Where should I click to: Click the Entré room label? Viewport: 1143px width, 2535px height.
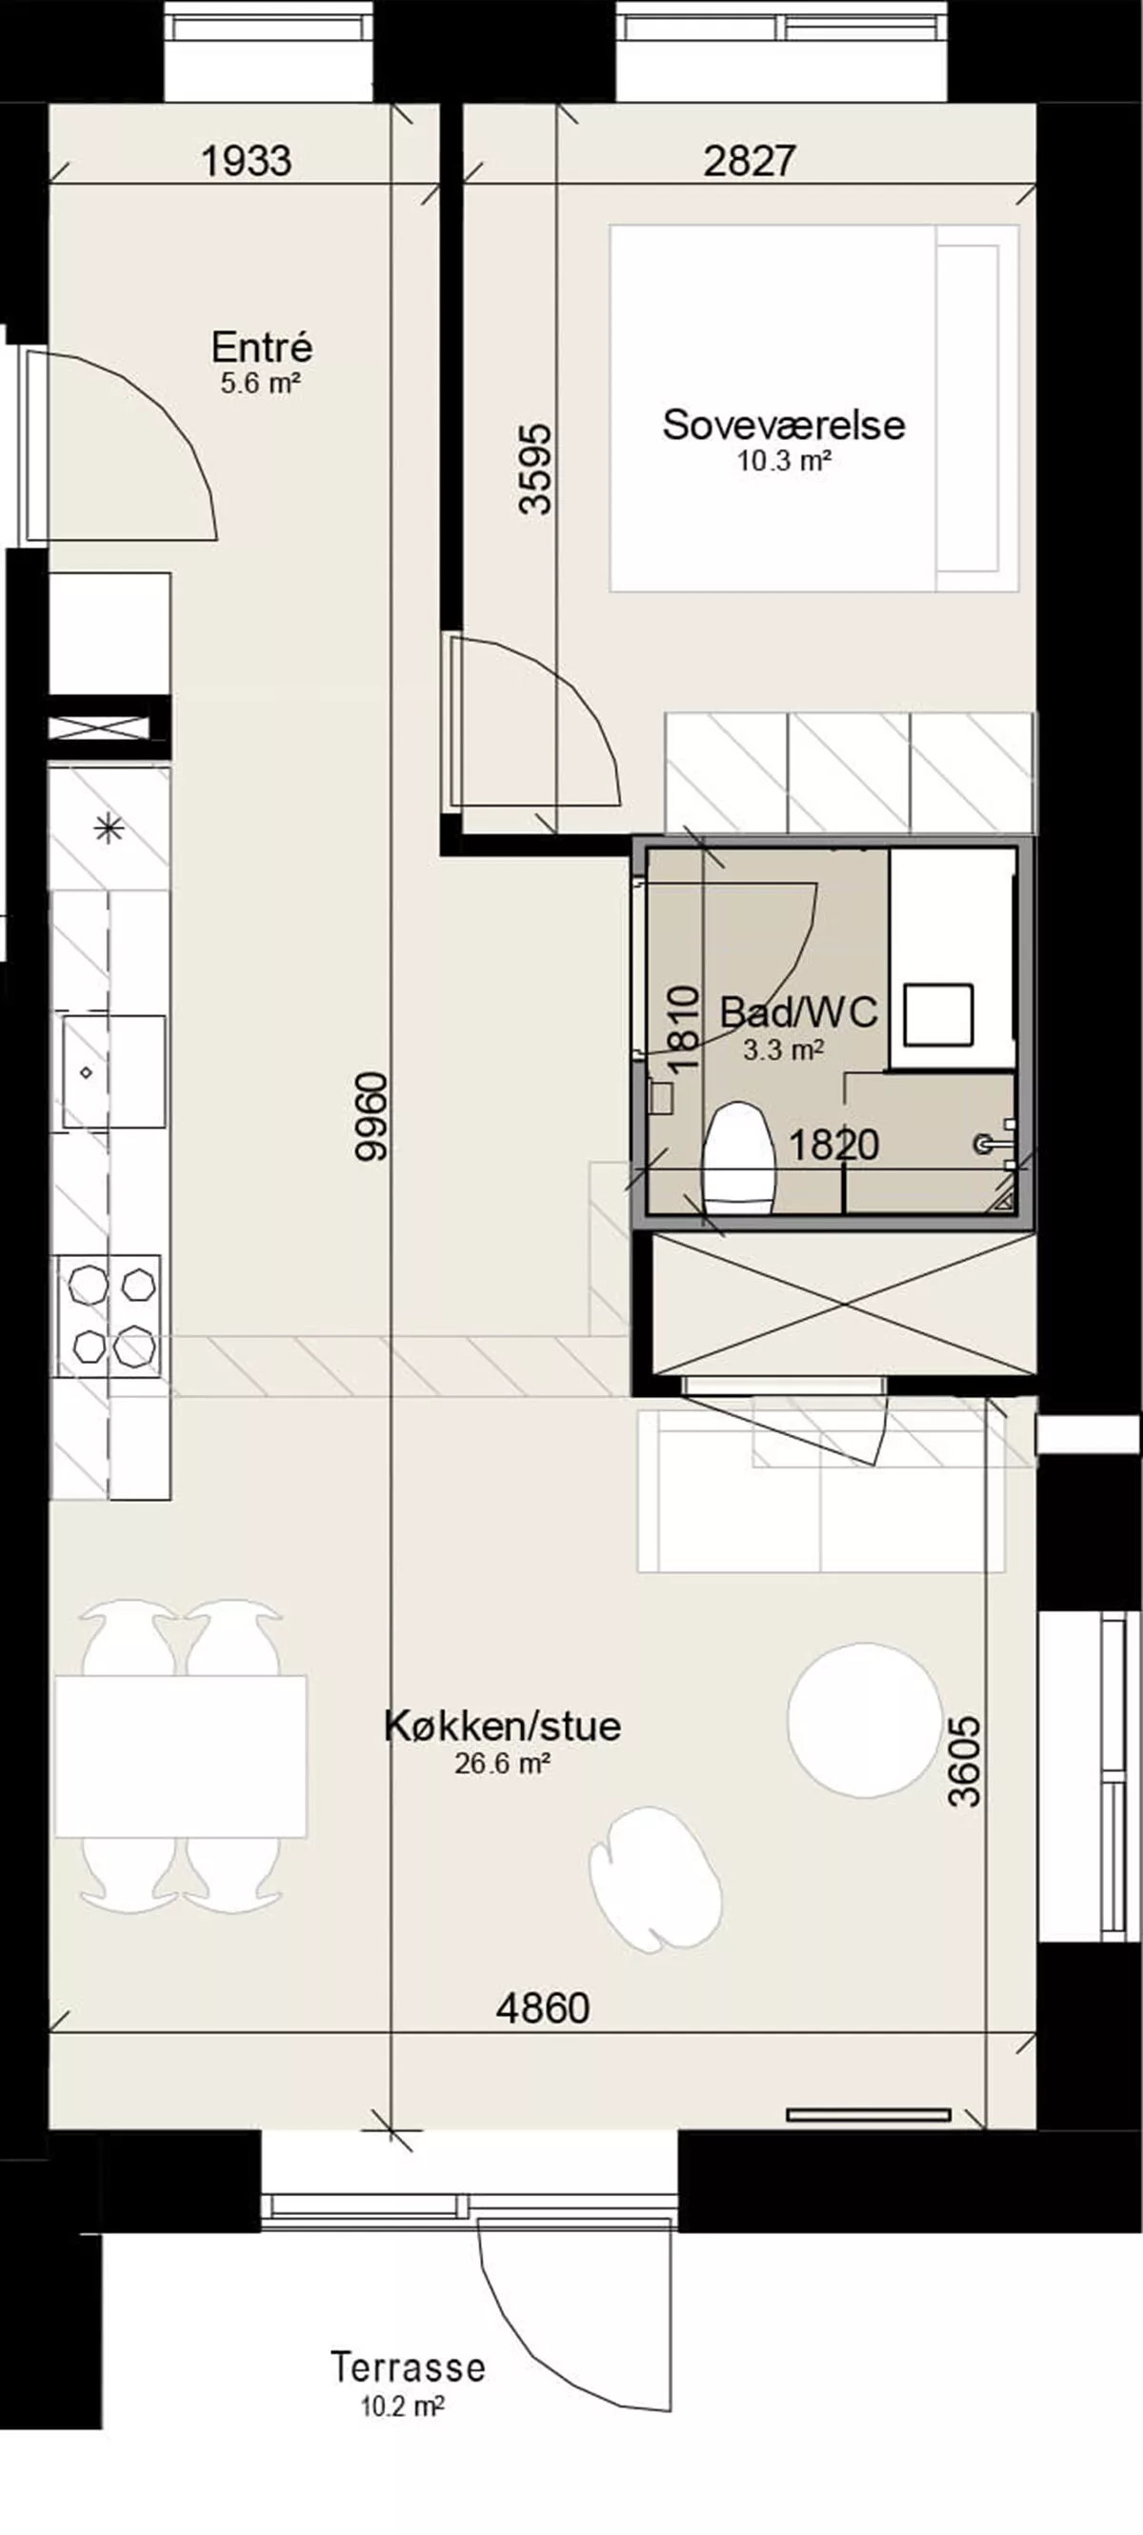262,348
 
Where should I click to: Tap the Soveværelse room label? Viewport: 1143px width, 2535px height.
784,424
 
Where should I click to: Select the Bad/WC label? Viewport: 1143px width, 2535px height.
798,1011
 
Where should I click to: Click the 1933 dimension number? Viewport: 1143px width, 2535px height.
246,160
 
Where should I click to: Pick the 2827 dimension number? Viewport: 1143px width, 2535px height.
750,160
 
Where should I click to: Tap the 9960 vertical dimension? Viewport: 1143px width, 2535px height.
373,1118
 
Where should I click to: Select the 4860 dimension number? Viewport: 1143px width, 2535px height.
543,2008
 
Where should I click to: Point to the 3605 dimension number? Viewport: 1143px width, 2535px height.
966,1763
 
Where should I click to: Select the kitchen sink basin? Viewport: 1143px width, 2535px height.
114,1070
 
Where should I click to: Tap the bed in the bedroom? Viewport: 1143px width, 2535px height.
814,409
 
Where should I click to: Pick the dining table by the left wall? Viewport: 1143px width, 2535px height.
181,1755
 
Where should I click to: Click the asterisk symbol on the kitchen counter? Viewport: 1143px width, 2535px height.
109,829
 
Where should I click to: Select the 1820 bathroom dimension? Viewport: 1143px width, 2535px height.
833,1145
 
